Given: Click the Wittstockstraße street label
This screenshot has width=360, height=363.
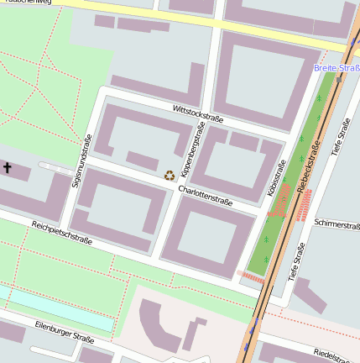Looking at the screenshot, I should pyautogui.click(x=198, y=113).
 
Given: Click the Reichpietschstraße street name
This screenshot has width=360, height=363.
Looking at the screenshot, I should pyautogui.click(x=61, y=233).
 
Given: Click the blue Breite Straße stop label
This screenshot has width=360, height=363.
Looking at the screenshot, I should pyautogui.click(x=337, y=67).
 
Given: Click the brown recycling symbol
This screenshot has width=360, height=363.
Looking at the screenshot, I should pyautogui.click(x=170, y=175).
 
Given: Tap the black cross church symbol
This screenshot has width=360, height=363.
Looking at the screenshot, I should pyautogui.click(x=8, y=168).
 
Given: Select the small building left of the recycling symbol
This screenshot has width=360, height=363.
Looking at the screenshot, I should pyautogui.click(x=142, y=160).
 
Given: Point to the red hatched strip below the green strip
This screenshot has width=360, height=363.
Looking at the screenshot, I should pyautogui.click(x=250, y=274).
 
